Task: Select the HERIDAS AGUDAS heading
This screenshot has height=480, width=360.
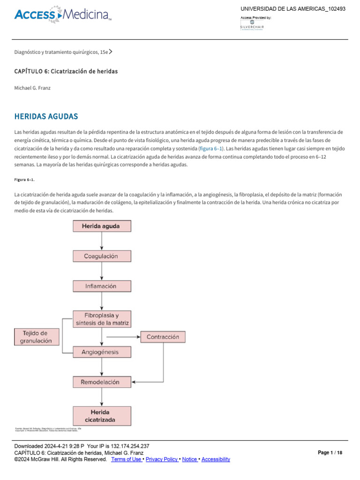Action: [46, 116]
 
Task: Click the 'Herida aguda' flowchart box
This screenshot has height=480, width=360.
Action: [102, 226]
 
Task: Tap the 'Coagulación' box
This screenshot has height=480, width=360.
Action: [102, 256]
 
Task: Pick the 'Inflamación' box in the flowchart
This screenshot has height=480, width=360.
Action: [102, 286]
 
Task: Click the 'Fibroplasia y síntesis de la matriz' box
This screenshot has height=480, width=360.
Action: [102, 319]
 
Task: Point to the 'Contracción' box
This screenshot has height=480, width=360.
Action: [163, 337]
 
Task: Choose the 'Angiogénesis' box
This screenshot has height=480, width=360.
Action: [102, 352]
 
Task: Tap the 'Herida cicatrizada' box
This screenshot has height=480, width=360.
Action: [102, 416]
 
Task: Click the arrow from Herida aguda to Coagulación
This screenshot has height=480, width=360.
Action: [102, 241]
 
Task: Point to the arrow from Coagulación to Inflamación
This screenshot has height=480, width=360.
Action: [102, 271]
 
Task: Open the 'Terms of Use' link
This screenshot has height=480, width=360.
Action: [126, 459]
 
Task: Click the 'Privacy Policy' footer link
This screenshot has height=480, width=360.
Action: [162, 459]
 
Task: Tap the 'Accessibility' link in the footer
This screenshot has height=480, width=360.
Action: [216, 459]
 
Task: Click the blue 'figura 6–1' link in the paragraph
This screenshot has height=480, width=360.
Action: [211, 149]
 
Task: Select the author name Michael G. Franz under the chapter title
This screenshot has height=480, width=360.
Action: [32, 88]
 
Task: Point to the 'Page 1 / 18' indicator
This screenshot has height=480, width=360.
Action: [330, 453]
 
